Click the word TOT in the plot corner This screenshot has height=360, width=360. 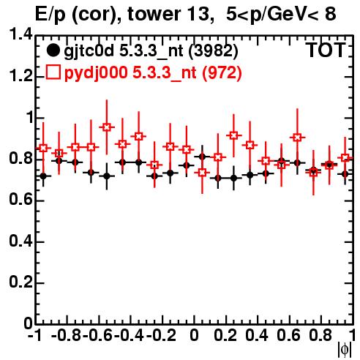(326, 50)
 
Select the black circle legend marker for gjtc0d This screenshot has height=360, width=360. (53, 50)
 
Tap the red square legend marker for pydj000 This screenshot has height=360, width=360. (53, 72)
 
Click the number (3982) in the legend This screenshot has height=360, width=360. (213, 50)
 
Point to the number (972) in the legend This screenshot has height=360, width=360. (222, 72)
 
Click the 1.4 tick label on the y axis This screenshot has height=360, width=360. (20, 35)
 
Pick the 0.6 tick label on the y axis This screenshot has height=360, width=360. (20, 200)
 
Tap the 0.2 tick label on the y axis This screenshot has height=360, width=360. (20, 282)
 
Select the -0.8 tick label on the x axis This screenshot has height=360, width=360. (67, 335)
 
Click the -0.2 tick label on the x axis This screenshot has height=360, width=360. (161, 335)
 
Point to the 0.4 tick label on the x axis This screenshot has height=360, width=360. (257, 335)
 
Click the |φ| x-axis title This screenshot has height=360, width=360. (344, 350)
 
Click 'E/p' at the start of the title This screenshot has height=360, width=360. (50, 15)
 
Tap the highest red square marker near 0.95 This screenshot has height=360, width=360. (107, 127)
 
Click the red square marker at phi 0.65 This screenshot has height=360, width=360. (297, 138)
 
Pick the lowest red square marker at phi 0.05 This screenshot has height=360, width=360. (202, 173)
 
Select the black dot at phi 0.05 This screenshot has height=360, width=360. (202, 157)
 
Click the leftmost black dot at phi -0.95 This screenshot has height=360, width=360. (43, 176)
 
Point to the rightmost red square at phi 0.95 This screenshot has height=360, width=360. (345, 157)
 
